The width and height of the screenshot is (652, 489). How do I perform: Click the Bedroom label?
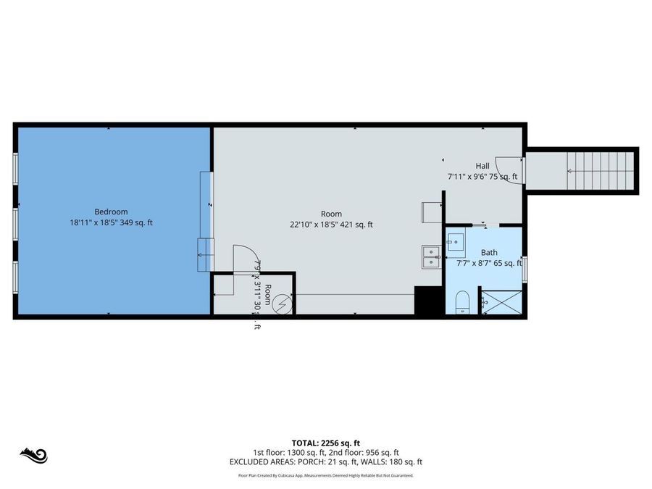coord(111,212)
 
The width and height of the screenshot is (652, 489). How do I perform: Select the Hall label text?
coord(482,166)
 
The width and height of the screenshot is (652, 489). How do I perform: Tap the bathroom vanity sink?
coord(456,241)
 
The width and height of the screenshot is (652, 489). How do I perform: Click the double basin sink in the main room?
coord(431,256)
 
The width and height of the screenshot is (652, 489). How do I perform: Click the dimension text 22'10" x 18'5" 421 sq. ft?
coord(331,225)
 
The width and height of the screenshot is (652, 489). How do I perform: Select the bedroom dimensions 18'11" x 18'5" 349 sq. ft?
coord(111,223)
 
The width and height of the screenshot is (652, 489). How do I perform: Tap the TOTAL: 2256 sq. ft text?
coord(325,443)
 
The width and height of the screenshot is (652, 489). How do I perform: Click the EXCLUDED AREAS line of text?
coord(325,461)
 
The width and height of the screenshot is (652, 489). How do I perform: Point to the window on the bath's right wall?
coord(525,267)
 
